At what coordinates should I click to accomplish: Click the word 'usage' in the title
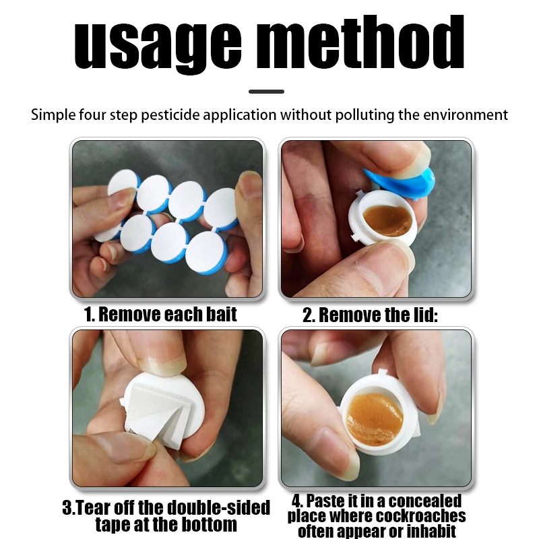[158, 44]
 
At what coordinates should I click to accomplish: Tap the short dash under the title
[266, 92]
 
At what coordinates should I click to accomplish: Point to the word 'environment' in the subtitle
[466, 115]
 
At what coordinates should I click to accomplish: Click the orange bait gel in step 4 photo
[375, 419]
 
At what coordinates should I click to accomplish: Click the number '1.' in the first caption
[90, 314]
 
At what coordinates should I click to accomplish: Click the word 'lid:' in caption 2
[425, 315]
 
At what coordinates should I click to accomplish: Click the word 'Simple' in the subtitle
[53, 115]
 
